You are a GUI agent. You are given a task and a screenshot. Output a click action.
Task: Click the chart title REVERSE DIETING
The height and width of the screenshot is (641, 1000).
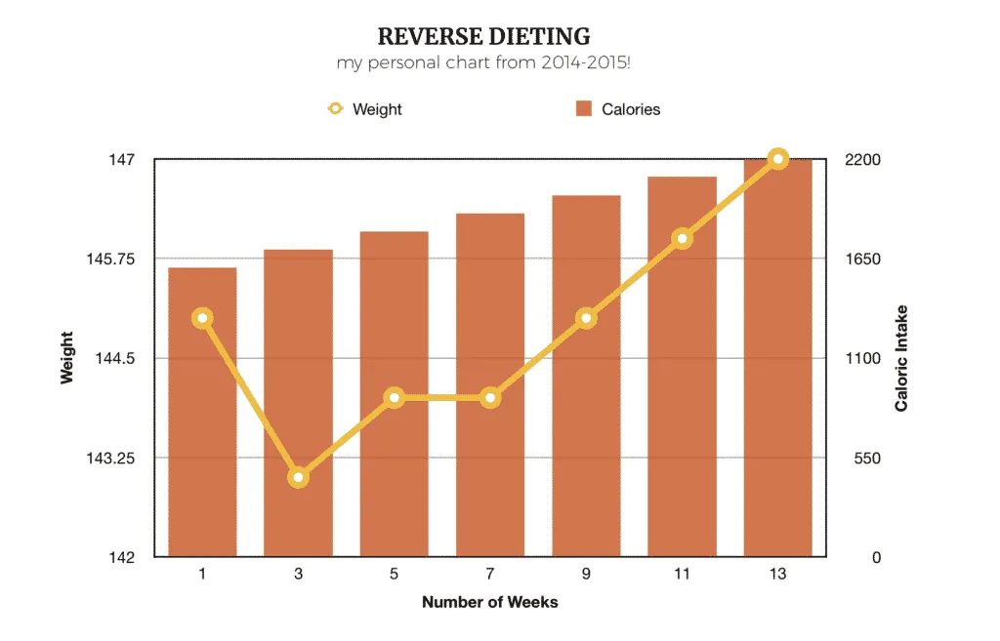point(483,37)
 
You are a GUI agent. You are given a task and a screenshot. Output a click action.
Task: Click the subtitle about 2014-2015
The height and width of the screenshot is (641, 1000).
point(483,63)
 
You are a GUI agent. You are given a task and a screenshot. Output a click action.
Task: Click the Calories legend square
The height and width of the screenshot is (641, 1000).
point(584,108)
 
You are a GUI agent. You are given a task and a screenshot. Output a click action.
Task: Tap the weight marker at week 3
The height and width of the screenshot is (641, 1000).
point(299,477)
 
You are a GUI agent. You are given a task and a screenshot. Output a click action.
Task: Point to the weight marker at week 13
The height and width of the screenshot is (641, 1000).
point(777,159)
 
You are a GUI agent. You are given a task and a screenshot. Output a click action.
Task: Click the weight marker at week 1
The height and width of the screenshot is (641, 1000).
point(203,318)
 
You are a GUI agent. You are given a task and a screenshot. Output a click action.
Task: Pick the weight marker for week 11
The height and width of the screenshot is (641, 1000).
point(682,238)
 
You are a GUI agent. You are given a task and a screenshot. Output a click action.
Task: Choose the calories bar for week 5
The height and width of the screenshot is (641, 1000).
point(395,468)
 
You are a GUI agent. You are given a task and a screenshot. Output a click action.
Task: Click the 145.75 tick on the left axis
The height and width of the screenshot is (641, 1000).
point(115,259)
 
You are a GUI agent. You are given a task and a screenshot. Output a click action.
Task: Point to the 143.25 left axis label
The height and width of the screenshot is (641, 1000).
point(115,458)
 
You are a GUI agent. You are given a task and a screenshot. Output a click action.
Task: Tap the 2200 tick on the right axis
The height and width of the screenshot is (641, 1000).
point(863,159)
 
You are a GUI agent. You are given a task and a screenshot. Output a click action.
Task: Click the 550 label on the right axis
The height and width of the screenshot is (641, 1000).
point(863,458)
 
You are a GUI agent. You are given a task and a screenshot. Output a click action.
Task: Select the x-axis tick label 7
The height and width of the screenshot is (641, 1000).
point(490,575)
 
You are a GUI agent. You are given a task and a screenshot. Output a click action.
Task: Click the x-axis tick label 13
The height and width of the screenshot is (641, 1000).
point(777,575)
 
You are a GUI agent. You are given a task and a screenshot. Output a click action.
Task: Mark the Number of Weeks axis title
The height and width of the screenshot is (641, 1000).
point(490,602)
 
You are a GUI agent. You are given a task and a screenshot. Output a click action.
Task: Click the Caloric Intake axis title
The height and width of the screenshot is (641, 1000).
point(901,357)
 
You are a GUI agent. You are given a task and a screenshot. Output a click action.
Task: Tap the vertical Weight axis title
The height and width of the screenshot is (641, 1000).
point(67,357)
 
